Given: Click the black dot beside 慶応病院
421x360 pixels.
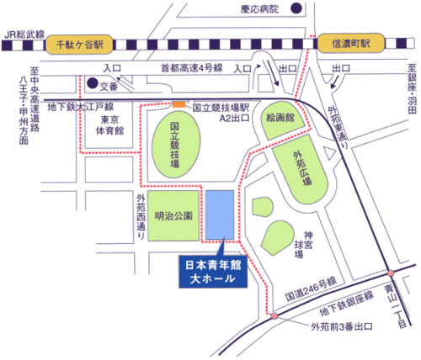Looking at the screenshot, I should (296, 9).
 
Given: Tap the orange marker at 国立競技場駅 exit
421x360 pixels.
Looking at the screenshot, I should (178, 104).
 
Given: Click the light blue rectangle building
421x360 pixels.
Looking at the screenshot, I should (220, 216).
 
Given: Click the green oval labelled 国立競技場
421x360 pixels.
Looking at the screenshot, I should (176, 148).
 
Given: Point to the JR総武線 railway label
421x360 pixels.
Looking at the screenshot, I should (24, 34).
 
